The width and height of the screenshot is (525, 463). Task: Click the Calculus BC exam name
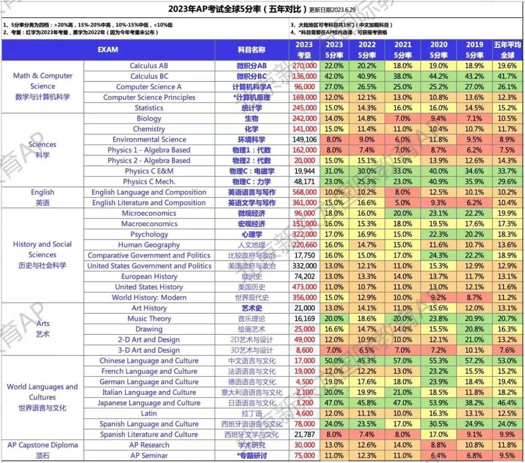point(149,76)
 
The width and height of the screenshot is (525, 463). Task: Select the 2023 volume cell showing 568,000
point(305,192)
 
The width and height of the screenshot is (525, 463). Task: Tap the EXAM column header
point(108,50)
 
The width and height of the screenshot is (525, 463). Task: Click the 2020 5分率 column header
point(438,50)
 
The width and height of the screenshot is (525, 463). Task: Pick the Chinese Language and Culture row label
point(149,361)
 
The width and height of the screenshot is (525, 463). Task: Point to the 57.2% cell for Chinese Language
point(474,361)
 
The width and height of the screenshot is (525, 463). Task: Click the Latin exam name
point(149,413)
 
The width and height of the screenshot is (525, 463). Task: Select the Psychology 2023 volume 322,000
point(305,235)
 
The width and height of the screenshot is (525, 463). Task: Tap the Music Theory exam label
point(149,319)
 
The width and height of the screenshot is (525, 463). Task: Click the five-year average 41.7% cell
point(507,76)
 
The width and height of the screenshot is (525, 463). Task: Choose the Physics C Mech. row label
point(149,182)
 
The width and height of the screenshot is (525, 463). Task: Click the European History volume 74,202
point(305,277)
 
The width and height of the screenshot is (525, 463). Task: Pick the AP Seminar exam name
point(149,456)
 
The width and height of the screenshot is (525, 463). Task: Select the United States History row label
point(149,287)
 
